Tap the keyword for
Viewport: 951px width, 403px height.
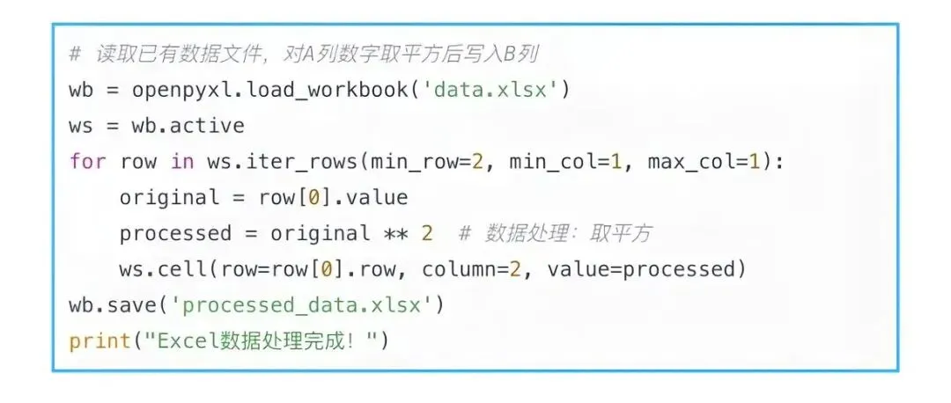[x=87, y=161]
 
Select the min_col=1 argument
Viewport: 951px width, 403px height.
[x=571, y=161]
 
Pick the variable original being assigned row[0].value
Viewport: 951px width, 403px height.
[x=169, y=197]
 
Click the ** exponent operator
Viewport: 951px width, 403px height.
[x=395, y=233]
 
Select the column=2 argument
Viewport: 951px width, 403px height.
[x=472, y=269]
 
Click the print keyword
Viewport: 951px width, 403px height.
[x=100, y=341]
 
